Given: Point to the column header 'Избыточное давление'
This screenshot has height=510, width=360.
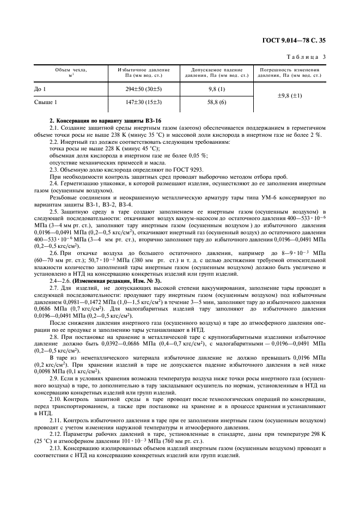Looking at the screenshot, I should pos(144,70).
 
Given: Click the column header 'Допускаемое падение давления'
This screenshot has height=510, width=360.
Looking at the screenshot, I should pos(217,72).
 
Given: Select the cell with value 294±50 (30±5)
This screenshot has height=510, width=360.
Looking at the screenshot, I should pos(144,88).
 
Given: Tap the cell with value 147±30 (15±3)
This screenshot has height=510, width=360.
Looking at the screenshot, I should pos(144,102).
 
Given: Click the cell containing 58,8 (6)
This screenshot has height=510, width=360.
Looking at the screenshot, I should pos(217,102).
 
